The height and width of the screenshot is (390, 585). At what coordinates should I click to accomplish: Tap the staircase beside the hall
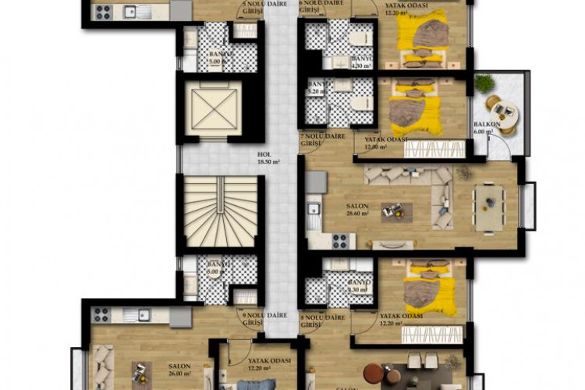point(219,211)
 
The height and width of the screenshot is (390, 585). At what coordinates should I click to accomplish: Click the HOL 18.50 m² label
point(269,158)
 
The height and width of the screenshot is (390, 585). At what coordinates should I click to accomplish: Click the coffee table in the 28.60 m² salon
point(392,210)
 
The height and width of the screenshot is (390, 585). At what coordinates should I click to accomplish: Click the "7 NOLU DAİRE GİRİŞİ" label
point(323,140)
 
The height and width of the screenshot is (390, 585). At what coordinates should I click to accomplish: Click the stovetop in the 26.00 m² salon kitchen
point(102,314)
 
